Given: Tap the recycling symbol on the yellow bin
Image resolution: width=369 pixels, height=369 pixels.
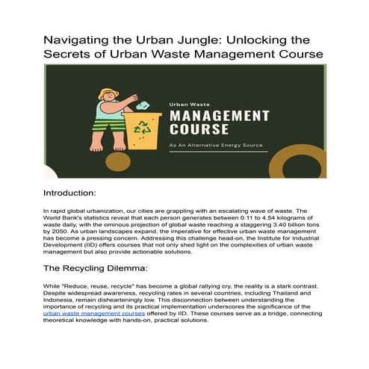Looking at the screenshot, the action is pos(142,126).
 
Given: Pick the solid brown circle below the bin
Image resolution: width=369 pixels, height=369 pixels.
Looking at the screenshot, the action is pos(118,161).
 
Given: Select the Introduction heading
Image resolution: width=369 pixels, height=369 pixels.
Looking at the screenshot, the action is pos(75,193).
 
